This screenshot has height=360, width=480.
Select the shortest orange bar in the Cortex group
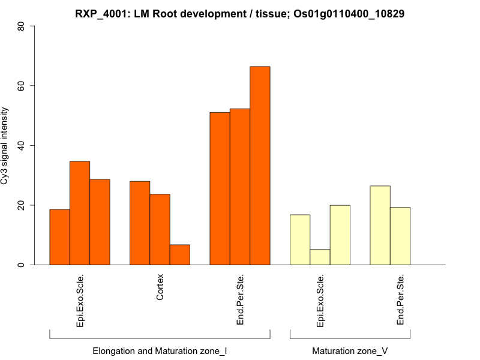tap(180, 254)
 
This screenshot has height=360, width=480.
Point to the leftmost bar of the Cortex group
tap(140, 223)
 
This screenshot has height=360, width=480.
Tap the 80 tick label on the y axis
tap(22, 26)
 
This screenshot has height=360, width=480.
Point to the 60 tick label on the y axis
tap(22, 86)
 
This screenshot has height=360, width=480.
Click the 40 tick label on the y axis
tap(22, 145)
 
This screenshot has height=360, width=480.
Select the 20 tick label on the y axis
tap(22, 205)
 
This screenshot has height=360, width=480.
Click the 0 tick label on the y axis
tap(22, 265)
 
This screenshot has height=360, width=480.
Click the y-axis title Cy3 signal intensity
tap(5, 145)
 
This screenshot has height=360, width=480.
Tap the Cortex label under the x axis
tap(160, 287)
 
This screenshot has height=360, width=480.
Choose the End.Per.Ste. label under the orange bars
tap(240, 300)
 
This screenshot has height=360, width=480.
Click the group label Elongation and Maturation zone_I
tap(160, 350)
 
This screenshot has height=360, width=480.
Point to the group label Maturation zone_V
tap(350, 350)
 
